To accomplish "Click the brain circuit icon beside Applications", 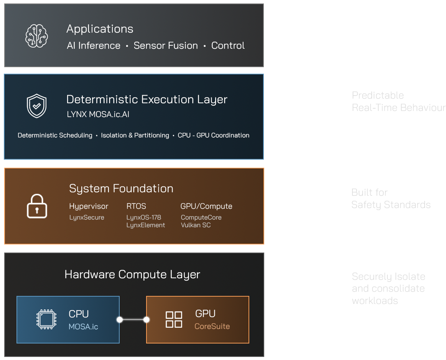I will [x=36, y=36].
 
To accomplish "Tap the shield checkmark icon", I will [x=36, y=106].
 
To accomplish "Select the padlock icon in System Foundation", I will [x=37, y=206].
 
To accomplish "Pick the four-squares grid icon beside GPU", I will [x=174, y=319].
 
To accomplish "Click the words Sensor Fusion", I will [x=166, y=46].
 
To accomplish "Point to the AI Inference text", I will [x=94, y=46].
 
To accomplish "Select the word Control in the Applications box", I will [x=228, y=46].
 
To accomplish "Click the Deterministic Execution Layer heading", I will [x=146, y=99].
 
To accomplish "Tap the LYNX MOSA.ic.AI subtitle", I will [x=97, y=114].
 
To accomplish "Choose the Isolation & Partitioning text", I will [x=135, y=135].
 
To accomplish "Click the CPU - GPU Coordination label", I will [x=214, y=135].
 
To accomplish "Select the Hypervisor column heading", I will [x=89, y=206].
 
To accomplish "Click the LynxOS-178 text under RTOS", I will [x=144, y=218].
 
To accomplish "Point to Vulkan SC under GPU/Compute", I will [x=196, y=225].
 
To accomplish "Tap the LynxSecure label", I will [x=87, y=218].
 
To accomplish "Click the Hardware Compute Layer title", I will [x=132, y=275].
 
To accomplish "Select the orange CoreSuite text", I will [x=212, y=327].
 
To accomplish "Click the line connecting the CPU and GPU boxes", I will [x=133, y=320].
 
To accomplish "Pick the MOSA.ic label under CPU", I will [x=83, y=327].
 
